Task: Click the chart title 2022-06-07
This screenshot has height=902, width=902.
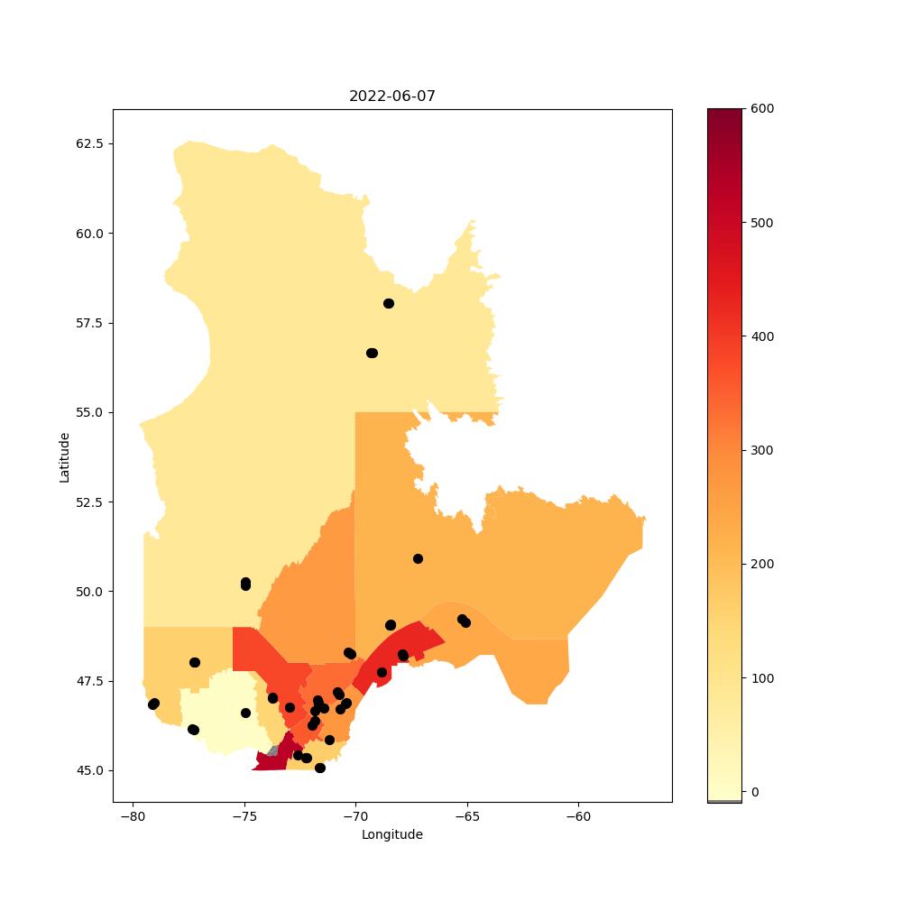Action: click(x=391, y=97)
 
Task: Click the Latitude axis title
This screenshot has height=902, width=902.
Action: click(x=64, y=458)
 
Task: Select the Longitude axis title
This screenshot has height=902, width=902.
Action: click(x=391, y=834)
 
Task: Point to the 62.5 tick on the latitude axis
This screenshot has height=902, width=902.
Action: click(x=89, y=143)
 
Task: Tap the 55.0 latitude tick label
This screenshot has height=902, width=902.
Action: click(x=89, y=412)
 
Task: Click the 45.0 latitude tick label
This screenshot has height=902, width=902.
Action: click(x=89, y=770)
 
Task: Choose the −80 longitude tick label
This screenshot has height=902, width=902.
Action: click(x=133, y=816)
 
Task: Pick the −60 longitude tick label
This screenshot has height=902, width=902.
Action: click(x=578, y=816)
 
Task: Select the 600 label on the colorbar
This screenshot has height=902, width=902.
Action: click(x=762, y=109)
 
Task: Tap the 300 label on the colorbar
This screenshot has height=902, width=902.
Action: click(x=762, y=450)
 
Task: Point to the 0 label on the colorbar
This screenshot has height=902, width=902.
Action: click(x=755, y=792)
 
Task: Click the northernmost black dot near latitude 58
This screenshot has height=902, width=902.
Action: click(x=389, y=303)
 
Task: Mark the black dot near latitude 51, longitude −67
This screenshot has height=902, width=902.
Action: click(x=419, y=558)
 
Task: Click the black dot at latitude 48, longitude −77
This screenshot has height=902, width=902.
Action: click(x=195, y=663)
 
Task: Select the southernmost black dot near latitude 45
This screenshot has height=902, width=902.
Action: click(x=320, y=768)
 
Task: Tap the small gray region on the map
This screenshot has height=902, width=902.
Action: click(x=273, y=750)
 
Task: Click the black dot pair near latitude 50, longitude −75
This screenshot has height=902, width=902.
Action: click(x=245, y=584)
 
